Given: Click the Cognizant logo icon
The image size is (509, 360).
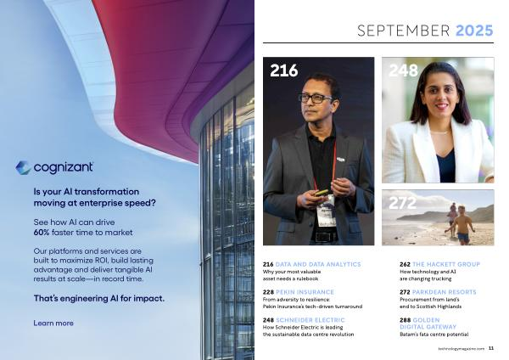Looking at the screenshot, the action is (24, 167).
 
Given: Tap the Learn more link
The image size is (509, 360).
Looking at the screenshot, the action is (53, 323).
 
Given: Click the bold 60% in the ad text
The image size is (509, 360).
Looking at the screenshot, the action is (42, 233).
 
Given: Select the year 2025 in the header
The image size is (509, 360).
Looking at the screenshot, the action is (474, 31).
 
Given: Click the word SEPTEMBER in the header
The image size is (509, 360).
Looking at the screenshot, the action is (404, 31).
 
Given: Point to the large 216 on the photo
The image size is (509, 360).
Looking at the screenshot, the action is (283, 70).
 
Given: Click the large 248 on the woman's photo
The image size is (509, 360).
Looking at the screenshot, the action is (403, 70).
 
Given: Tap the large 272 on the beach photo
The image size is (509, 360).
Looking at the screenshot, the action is (402, 204).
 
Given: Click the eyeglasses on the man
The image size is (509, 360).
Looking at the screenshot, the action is (316, 98).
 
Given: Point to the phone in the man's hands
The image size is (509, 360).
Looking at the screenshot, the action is (322, 193).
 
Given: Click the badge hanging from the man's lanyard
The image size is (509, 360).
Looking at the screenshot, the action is (327, 211).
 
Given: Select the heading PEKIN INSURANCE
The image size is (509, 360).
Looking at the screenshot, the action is (305, 292).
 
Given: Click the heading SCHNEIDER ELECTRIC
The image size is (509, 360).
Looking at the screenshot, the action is (310, 320).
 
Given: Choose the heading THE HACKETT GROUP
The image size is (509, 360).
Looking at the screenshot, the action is (446, 264).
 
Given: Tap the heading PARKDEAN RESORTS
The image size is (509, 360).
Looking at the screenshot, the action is (444, 292).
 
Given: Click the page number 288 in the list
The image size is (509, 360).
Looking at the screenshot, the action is (406, 320).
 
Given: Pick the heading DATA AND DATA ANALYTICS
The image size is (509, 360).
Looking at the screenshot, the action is (318, 264).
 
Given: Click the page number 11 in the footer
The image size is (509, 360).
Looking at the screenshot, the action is (491, 348).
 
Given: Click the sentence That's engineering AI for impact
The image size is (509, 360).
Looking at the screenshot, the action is (99, 299).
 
